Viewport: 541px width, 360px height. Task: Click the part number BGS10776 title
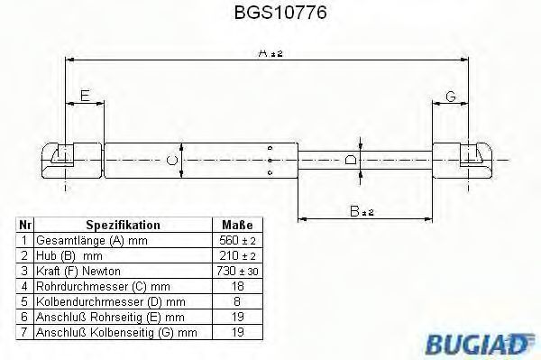pos(280,13)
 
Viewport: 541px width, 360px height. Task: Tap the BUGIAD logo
pos(480,343)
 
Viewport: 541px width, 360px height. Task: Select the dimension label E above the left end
pos(85,96)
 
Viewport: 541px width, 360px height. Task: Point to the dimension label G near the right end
pos(451,97)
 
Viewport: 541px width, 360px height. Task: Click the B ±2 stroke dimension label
pos(362,211)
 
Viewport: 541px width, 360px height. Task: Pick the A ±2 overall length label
pos(270,53)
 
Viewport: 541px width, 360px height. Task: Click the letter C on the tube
pos(172,161)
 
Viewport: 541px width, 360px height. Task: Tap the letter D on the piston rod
pos(351,160)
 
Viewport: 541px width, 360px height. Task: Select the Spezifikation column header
pos(123,225)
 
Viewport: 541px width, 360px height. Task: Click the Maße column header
pos(237,225)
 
